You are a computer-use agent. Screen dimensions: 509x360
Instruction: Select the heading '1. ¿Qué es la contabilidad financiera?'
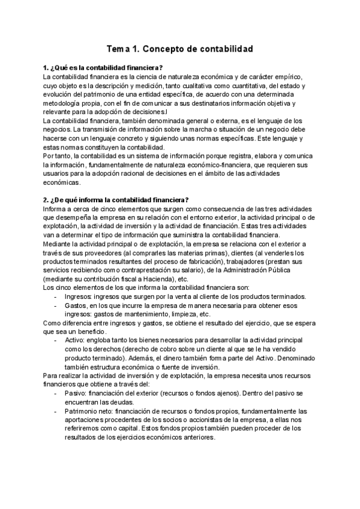[103, 67]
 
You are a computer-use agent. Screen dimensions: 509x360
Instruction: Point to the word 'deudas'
[120, 402]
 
